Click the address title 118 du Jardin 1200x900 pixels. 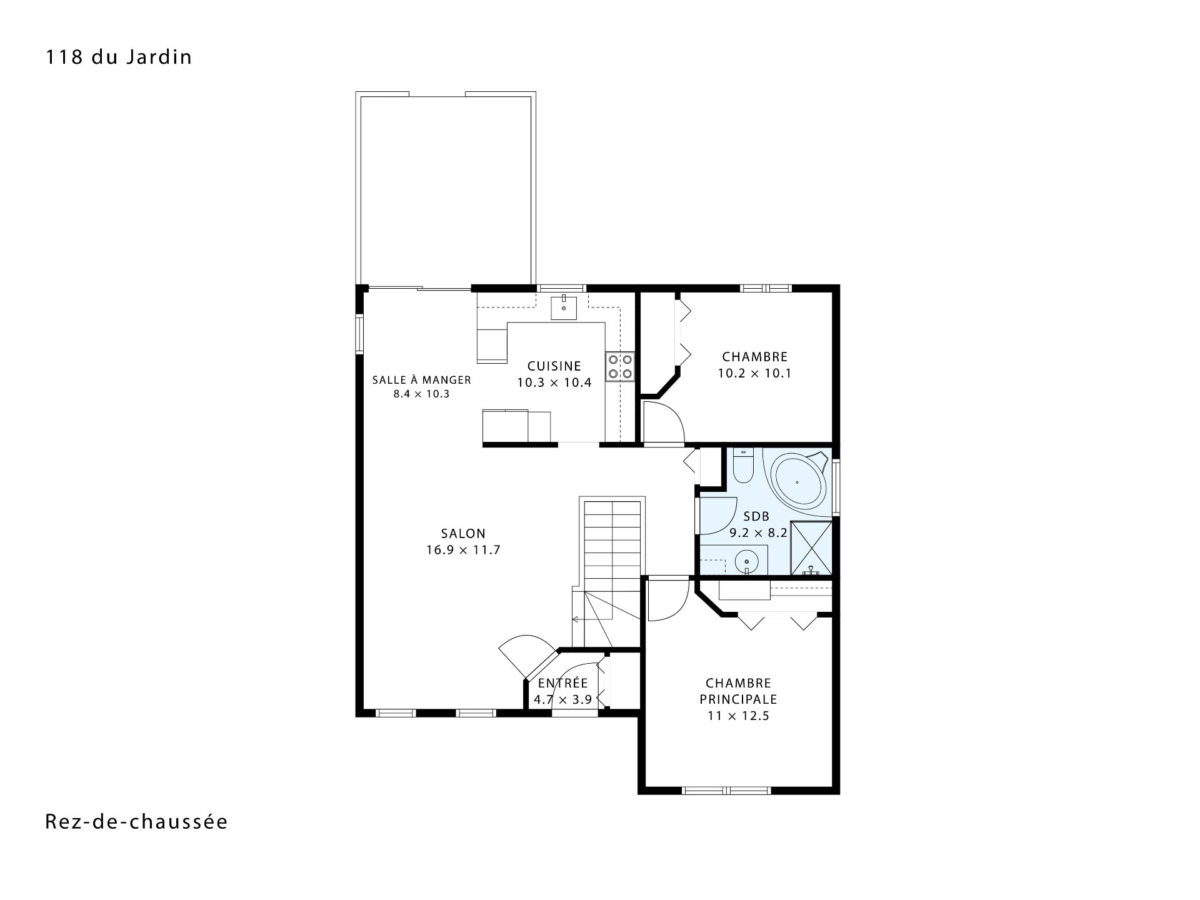(x=118, y=57)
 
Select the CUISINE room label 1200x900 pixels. (x=554, y=366)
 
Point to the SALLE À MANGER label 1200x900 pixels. (x=422, y=379)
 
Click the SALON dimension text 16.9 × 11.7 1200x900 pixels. (x=463, y=550)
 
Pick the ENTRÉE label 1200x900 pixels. (x=563, y=683)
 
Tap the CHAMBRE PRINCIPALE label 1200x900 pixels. (x=739, y=691)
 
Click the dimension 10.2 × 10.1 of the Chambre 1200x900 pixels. (x=755, y=374)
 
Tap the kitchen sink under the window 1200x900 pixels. (x=564, y=307)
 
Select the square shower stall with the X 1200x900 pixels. (x=811, y=548)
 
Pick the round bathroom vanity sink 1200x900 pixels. (x=746, y=561)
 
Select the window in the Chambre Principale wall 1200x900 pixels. (x=727, y=790)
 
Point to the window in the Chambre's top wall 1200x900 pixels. (x=766, y=288)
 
